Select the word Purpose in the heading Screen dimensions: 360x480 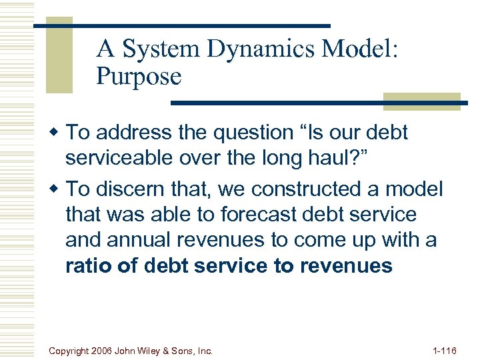(139, 77)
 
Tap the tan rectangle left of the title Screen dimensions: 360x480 (59, 59)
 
